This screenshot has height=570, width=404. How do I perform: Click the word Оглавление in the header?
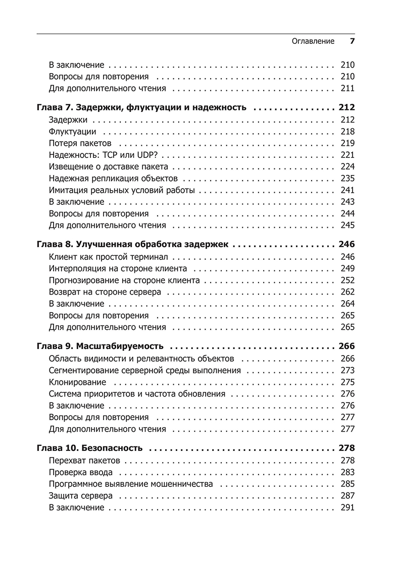313,41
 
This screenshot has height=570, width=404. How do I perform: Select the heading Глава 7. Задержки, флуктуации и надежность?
142,107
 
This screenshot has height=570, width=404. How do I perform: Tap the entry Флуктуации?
73,132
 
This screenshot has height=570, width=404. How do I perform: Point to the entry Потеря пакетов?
83,143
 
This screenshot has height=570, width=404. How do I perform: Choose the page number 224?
348,167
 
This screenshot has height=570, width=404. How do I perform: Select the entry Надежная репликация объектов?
114,179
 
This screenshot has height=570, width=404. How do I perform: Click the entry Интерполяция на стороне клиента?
118,268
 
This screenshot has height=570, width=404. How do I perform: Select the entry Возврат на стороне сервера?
105,292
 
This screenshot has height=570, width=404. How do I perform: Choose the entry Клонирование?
78,382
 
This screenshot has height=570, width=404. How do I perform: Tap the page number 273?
348,371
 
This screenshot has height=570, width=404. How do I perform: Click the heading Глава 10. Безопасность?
90,448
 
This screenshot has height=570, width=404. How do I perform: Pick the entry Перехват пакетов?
85,461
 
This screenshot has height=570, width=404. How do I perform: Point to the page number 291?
348,508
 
